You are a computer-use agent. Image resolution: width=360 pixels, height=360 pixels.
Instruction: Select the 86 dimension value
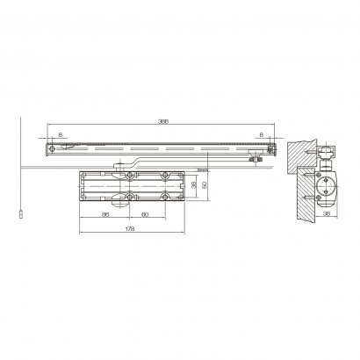pos(104,213)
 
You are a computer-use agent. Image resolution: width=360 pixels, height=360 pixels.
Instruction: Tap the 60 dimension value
pos(145,213)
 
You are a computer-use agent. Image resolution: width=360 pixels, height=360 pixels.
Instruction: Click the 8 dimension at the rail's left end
pos(60,133)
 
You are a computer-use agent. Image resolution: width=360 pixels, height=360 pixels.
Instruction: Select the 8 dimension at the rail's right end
pos(263,133)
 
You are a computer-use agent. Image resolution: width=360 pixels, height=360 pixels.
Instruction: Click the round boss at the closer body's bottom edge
pos(131,201)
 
